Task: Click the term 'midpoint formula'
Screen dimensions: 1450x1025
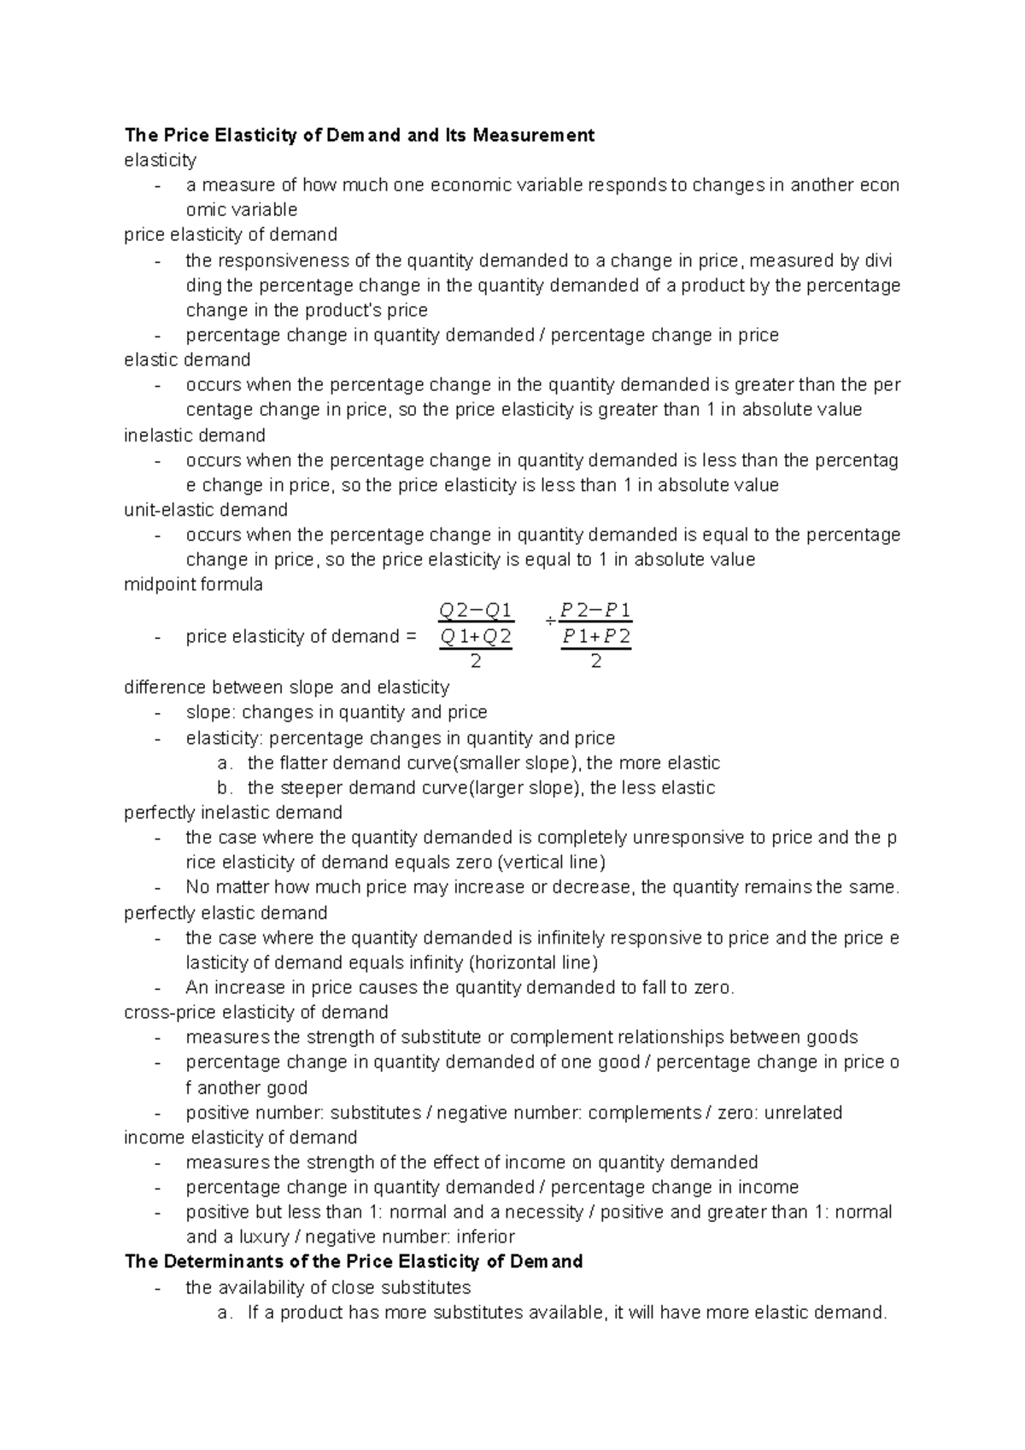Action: pos(193,585)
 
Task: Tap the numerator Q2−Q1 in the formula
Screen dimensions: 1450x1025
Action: pos(475,611)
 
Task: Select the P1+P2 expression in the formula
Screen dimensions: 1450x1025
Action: pos(596,636)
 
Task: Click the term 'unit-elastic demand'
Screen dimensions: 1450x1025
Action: pos(205,510)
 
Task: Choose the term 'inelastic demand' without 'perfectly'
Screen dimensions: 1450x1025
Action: pos(194,436)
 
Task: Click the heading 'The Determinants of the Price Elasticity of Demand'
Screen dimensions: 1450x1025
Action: pos(353,1261)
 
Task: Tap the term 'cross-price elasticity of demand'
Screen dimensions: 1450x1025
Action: pos(255,1012)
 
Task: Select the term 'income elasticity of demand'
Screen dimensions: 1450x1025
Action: pos(240,1137)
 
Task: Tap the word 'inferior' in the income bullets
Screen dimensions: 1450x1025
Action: pos(485,1237)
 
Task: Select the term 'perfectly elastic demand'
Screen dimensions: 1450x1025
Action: pos(225,913)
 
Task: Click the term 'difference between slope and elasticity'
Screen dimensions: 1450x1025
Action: pos(286,687)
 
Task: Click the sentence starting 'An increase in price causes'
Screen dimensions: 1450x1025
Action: pos(460,987)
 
